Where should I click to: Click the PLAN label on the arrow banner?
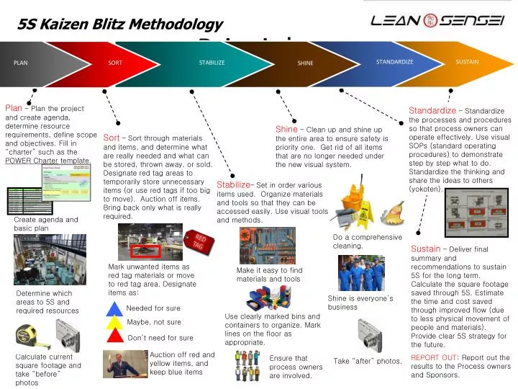(x=20, y=63)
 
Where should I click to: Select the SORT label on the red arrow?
(x=115, y=63)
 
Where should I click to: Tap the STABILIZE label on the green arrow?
(x=212, y=63)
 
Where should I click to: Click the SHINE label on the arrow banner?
(x=305, y=63)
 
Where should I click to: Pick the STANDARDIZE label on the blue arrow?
(x=394, y=62)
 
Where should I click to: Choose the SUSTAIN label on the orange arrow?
(x=467, y=62)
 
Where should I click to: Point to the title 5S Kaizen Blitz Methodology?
(x=120, y=24)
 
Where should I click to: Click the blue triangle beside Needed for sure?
(x=115, y=309)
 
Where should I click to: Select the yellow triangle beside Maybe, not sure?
(x=115, y=323)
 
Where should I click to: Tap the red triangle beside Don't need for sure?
(x=115, y=336)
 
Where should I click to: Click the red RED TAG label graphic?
(x=199, y=241)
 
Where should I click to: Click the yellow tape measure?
(x=27, y=334)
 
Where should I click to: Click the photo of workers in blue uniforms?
(x=361, y=273)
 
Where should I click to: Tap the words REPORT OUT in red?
(x=434, y=357)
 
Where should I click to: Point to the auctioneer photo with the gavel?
(x=124, y=363)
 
